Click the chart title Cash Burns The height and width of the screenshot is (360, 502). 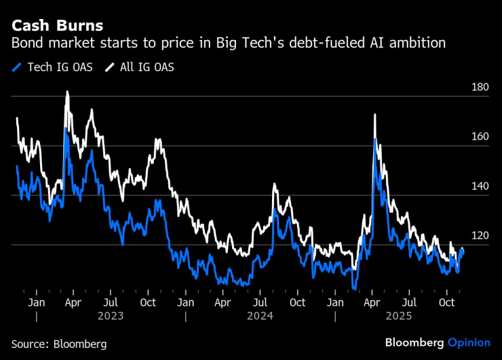(57, 26)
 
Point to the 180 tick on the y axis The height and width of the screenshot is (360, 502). (480, 87)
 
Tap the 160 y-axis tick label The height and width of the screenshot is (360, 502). (480, 137)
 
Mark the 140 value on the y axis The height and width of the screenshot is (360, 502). (480, 186)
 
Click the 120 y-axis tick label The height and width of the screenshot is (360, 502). (480, 236)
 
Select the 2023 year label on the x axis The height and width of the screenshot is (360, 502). (110, 316)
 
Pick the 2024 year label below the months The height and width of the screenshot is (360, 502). (260, 316)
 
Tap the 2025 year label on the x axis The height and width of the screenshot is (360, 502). (409, 316)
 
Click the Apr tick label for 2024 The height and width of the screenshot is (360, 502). (223, 302)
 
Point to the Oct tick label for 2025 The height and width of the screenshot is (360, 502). (446, 302)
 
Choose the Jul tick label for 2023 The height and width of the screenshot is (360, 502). (111, 302)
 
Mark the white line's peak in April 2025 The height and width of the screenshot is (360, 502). (374, 115)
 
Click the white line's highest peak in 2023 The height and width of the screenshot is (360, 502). (67, 92)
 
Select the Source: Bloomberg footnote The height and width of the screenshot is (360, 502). (59, 344)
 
